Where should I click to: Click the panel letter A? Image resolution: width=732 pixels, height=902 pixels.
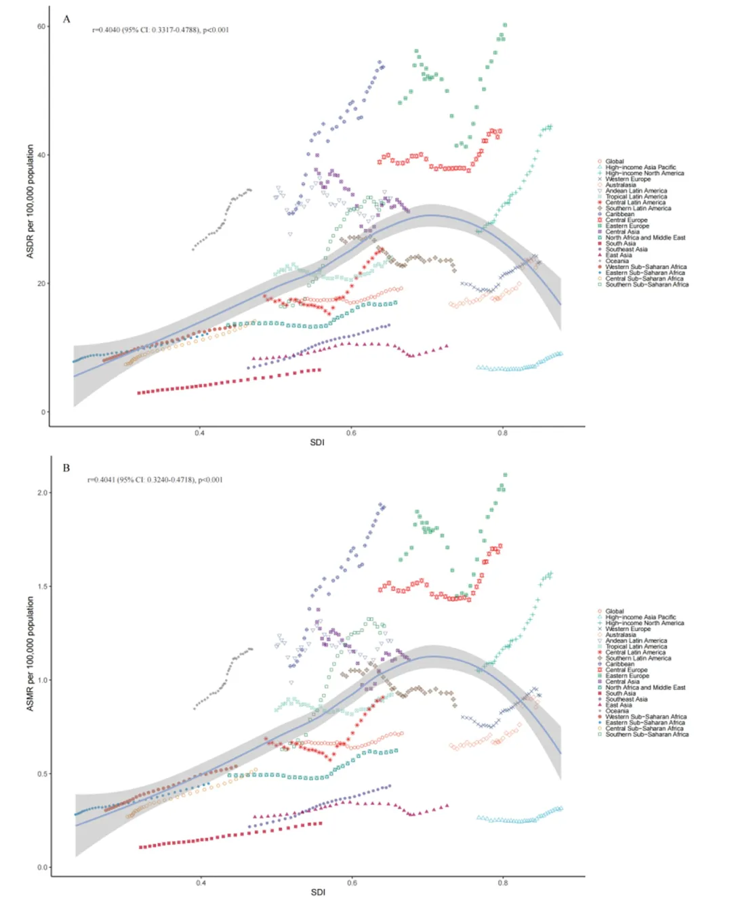66,19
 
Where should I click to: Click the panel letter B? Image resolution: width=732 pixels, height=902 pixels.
66,468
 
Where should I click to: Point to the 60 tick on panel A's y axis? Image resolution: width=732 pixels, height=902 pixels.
42,26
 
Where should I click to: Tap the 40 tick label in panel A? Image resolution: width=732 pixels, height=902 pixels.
42,155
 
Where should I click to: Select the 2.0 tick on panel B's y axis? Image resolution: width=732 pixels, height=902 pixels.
42,493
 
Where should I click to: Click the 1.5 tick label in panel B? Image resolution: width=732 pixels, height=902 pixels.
42,586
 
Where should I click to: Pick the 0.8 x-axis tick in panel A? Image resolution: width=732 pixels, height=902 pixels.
502,432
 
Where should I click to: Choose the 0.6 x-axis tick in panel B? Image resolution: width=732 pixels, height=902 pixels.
352,882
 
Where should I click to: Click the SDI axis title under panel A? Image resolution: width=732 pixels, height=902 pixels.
317,443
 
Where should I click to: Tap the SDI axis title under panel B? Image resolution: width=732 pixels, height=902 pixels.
318,893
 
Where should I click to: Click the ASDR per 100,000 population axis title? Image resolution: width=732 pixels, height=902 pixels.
30,201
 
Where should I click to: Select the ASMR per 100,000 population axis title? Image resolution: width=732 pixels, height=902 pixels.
30,654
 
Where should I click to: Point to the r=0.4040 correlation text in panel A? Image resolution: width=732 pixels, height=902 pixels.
161,30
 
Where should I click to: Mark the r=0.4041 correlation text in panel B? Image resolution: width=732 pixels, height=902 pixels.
155,480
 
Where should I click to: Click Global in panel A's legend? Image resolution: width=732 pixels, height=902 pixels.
614,161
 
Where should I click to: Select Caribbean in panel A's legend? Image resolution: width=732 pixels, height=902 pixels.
619,214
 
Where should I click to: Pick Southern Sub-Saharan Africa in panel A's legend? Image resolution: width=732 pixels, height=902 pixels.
647,285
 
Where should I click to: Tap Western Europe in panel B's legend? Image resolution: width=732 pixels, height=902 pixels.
628,629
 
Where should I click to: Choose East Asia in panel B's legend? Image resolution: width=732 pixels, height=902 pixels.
618,705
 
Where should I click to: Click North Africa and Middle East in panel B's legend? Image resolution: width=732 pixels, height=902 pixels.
645,687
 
